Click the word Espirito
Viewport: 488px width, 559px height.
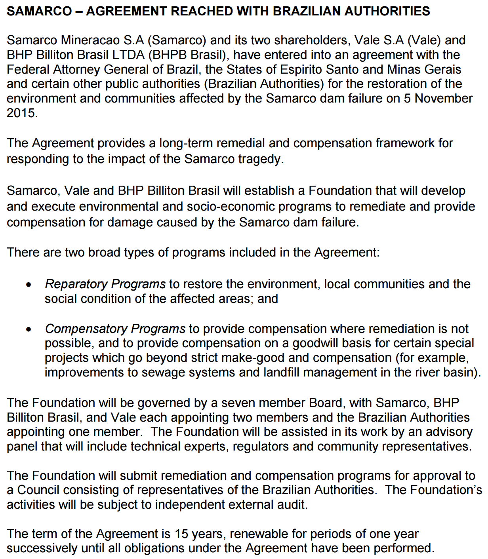[x=302, y=70]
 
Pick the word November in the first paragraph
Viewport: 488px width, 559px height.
[x=444, y=99]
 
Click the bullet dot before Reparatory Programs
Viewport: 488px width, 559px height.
[x=29, y=285]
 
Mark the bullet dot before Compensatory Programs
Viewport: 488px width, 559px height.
[x=29, y=329]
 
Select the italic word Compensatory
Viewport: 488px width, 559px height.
[x=86, y=329]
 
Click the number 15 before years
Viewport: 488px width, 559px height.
[x=181, y=534]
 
